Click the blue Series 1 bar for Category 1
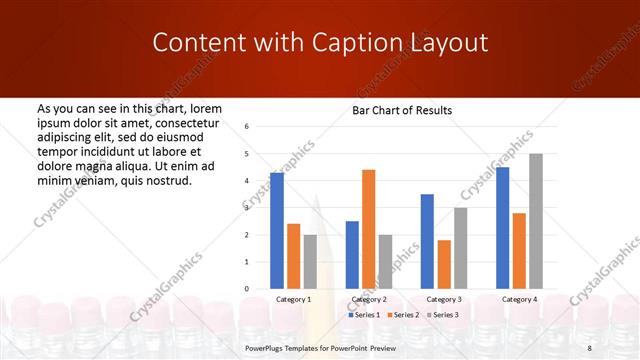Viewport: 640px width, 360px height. (277, 231)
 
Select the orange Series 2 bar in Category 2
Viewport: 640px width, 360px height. (368, 229)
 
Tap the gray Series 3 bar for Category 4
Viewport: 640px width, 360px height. (535, 221)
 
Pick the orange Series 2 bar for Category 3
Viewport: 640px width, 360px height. (444, 264)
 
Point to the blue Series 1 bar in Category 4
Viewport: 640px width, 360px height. (502, 228)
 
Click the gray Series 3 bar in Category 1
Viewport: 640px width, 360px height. (310, 262)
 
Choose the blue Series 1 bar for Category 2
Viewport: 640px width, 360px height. (352, 255)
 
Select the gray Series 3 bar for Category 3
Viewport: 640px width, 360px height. (460, 248)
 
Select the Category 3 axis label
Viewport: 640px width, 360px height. (444, 299)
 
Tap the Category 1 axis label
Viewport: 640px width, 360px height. (294, 299)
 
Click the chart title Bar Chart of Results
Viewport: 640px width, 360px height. (402, 109)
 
